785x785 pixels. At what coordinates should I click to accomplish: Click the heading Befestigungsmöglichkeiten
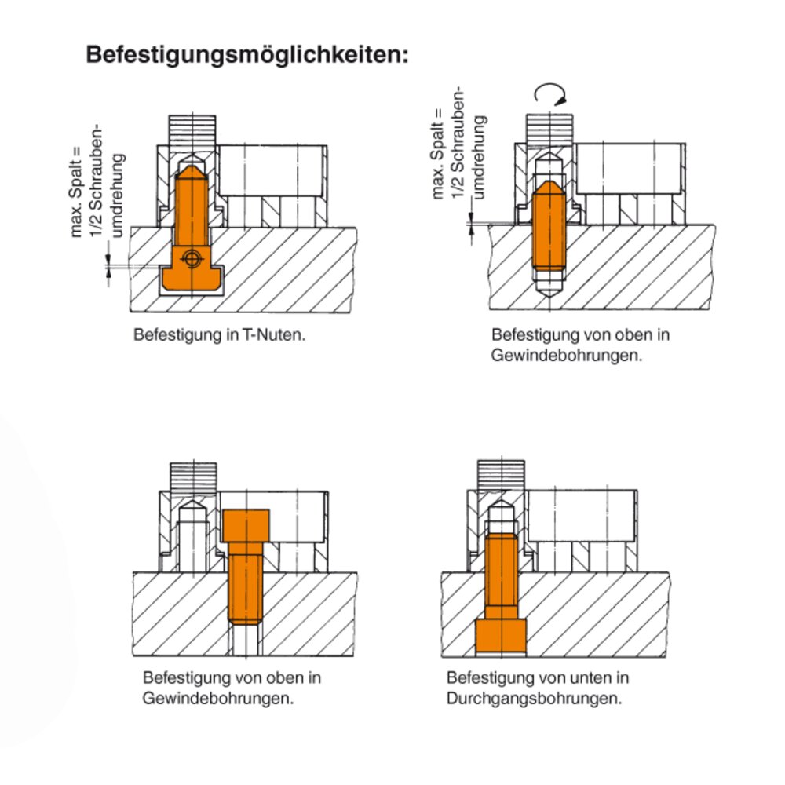coord(247,55)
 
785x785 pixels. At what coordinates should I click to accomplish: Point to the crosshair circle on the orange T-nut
coord(192,258)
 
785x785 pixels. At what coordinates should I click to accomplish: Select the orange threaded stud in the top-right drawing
coord(549,226)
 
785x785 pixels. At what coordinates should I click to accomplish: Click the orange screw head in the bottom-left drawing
coord(246,526)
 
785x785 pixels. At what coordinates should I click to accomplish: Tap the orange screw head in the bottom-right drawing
coord(501,636)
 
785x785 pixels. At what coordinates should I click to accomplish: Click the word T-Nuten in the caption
coord(274,334)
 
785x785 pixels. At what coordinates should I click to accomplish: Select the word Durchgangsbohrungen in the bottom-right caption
coord(534,698)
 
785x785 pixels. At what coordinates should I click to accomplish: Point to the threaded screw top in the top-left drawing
coord(192,130)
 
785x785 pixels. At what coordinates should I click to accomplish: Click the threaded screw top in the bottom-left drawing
coord(194,477)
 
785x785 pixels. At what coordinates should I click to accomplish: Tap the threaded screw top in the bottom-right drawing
coord(501,475)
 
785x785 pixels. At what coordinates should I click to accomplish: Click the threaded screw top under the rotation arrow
coord(549,129)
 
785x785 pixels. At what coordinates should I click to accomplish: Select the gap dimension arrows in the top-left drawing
coord(108,265)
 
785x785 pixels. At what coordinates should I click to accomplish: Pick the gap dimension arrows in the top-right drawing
coord(471,223)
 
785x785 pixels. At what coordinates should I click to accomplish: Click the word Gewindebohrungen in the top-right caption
coord(566,356)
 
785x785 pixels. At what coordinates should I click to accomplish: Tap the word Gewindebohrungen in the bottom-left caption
coord(217,698)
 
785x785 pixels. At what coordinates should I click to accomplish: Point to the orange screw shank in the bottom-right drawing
coord(501,576)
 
